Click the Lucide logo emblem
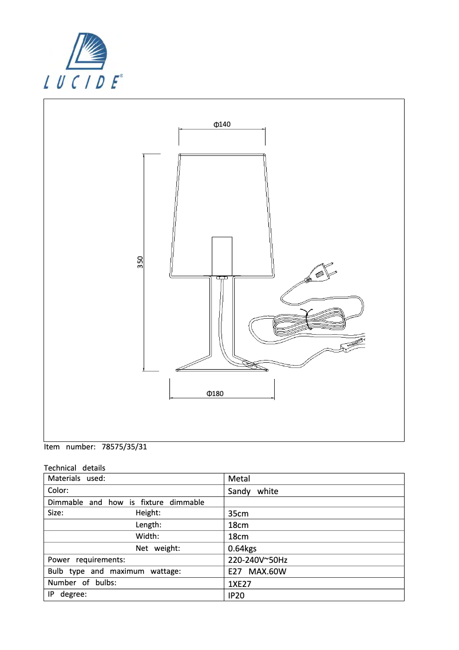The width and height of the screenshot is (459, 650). tap(87, 51)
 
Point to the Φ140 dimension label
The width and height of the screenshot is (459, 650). tap(222, 124)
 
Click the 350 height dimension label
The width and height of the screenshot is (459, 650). tap(140, 262)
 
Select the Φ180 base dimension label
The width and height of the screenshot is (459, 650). tap(215, 393)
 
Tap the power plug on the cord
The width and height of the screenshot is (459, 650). tap(320, 273)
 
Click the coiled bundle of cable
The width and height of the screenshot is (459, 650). tap(308, 320)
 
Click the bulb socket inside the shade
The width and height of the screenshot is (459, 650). tap(222, 256)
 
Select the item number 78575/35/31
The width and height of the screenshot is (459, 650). tap(124, 447)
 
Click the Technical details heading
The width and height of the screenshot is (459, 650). tap(74, 468)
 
